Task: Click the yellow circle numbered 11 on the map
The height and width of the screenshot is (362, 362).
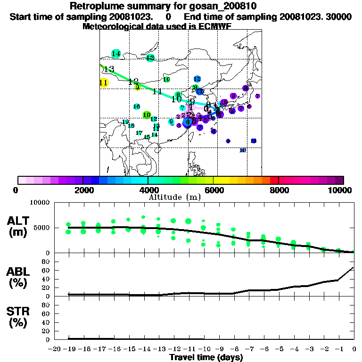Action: click(x=104, y=83)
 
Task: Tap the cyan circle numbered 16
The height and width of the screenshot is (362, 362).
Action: click(x=137, y=107)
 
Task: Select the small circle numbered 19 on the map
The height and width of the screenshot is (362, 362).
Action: click(x=125, y=122)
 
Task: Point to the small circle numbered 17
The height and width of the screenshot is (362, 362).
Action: click(x=139, y=133)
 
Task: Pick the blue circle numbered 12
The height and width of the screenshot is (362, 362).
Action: click(x=197, y=79)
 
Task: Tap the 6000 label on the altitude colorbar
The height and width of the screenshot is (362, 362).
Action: click(x=213, y=190)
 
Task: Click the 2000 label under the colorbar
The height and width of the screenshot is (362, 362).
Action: click(x=82, y=190)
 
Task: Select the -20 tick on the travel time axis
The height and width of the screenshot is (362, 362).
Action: click(x=54, y=349)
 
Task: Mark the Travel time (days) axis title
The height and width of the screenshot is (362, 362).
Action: click(x=206, y=357)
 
